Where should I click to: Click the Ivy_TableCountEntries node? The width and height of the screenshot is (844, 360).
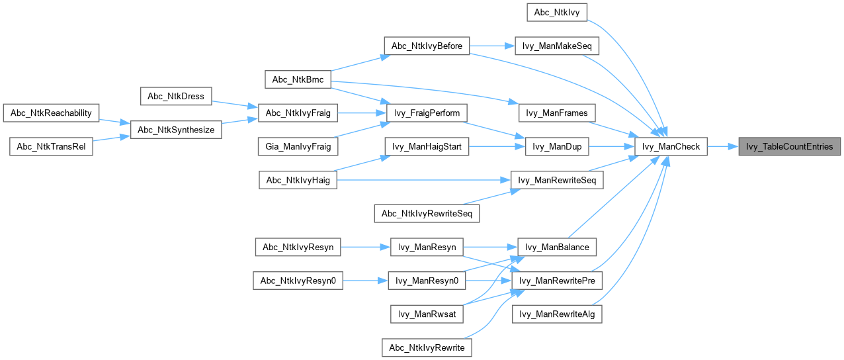point(790,146)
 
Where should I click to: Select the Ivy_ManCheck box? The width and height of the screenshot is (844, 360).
point(671,146)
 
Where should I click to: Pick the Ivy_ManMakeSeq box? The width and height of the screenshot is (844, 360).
point(557,46)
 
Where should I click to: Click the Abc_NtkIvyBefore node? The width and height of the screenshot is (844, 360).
point(427,46)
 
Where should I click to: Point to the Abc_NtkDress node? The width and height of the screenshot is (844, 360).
point(177,96)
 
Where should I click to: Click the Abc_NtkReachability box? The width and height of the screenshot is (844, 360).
point(51,112)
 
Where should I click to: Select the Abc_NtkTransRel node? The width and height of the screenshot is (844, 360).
point(51,146)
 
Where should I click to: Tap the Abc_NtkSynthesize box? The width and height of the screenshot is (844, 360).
point(177,130)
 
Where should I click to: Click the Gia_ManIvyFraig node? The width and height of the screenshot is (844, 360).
point(298,146)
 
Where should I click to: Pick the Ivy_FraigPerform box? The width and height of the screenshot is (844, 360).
point(427,112)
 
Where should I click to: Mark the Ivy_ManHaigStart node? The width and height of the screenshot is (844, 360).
point(427,146)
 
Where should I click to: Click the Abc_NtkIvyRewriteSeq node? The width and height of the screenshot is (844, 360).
point(427,214)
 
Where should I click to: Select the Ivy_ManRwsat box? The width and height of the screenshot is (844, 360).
point(427,314)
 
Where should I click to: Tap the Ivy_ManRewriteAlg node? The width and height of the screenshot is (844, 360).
point(557,314)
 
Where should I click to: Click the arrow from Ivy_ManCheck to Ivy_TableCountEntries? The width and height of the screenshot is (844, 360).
point(723,146)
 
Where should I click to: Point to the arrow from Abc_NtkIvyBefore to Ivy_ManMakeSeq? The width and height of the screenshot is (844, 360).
point(492,46)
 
